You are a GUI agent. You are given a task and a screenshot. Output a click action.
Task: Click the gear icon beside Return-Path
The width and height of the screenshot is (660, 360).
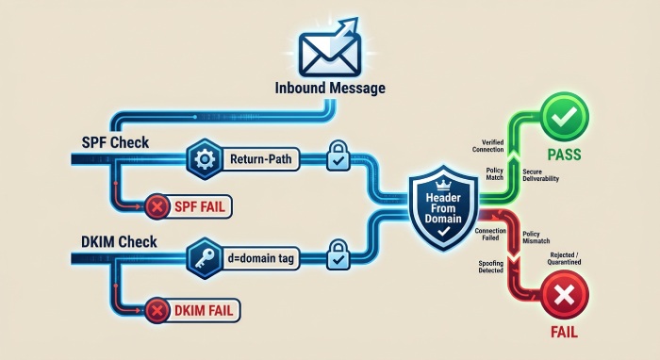[x=205, y=160]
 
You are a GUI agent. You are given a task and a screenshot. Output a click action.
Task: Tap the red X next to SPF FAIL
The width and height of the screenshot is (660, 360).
[x=156, y=205]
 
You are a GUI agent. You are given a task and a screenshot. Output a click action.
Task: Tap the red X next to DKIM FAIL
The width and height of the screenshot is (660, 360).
[x=156, y=308]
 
